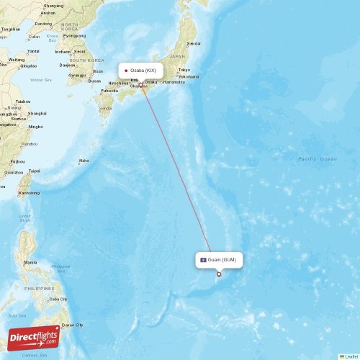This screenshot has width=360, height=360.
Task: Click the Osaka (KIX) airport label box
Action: [141, 71]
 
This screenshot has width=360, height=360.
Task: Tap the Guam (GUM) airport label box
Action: [220, 260]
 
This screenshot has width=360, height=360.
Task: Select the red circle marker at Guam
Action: [219, 274]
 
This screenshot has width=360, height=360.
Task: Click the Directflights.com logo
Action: [34, 337]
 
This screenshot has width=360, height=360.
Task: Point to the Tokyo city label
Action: [184, 69]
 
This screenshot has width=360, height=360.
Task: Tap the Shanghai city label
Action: [37, 113]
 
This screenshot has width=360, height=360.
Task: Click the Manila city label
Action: [30, 262]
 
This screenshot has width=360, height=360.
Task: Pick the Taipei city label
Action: [34, 171]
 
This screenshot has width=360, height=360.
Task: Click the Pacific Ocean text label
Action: [318, 158]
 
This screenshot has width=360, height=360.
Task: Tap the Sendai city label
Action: [195, 43]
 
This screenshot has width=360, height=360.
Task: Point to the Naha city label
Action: [84, 161]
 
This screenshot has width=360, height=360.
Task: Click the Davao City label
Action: [73, 325]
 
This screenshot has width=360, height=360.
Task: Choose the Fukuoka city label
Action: [109, 91]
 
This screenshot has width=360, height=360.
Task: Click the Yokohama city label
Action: [188, 76]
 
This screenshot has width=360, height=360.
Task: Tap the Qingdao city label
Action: [27, 65]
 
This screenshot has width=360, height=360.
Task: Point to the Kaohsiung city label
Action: [28, 192]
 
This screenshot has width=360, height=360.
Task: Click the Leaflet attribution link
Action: [351, 356]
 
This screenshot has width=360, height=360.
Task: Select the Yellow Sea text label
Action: [41, 80]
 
